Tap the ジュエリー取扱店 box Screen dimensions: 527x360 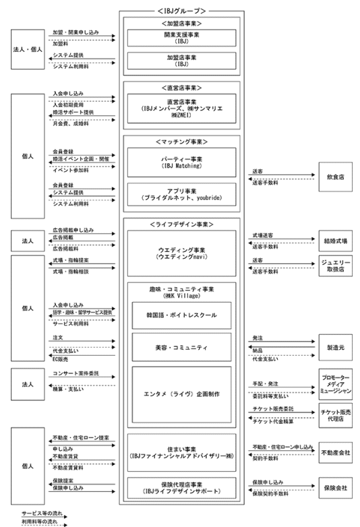(x=335, y=265)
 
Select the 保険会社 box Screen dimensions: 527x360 (x=335, y=487)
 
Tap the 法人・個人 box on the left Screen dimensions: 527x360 (x=28, y=50)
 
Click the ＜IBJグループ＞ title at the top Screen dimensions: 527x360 (x=180, y=11)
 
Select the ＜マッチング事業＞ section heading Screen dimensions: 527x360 (x=180, y=142)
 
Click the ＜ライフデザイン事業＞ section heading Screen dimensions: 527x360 (x=180, y=223)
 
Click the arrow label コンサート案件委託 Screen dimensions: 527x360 (x=75, y=373)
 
